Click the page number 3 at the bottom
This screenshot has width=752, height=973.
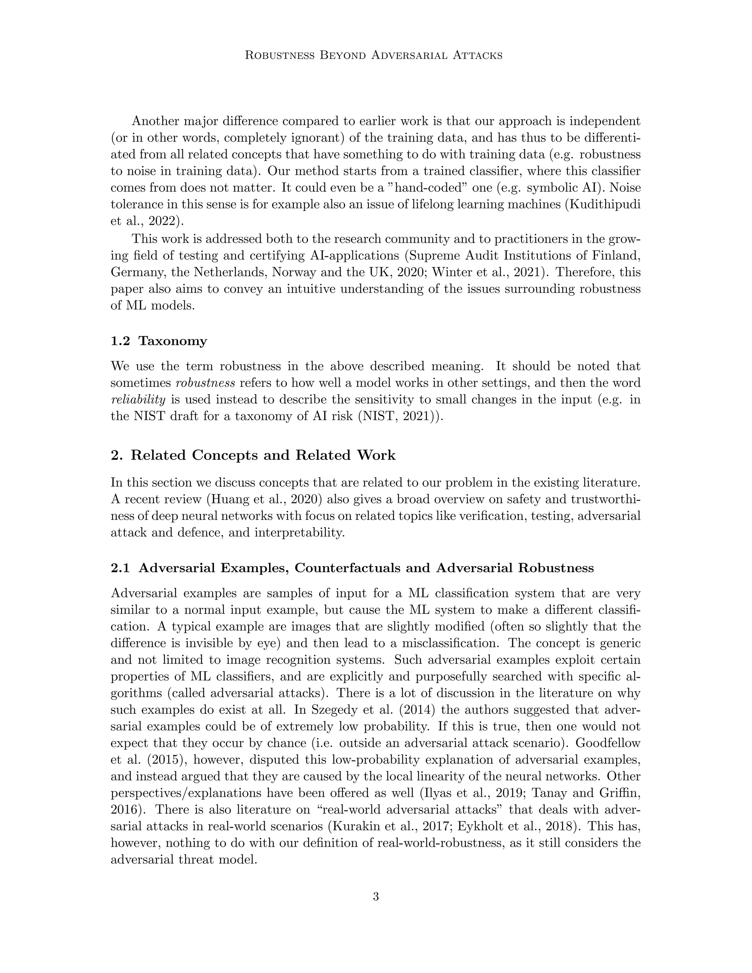click(x=376, y=896)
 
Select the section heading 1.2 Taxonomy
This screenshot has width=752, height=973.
click(x=159, y=341)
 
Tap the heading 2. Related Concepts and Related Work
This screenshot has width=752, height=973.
click(x=253, y=455)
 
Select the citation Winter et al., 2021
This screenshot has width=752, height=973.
click(x=487, y=272)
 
